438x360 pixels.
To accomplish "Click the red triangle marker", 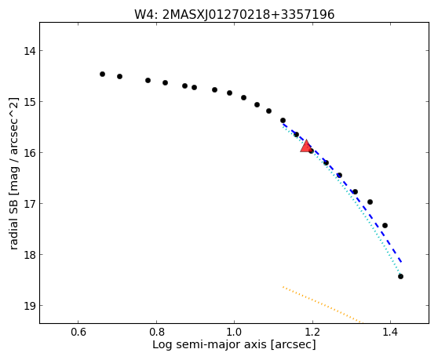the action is (306, 147).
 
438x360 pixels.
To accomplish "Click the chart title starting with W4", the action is (234, 15).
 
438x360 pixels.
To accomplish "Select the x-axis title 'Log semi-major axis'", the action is (234, 344).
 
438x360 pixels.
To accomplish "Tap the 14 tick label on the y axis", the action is (29, 51).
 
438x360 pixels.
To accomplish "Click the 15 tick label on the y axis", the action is (29, 102).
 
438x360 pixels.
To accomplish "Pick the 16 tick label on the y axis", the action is (29, 153).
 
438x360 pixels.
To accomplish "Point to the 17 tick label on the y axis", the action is (29, 204).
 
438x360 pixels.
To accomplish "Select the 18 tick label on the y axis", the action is (29, 255).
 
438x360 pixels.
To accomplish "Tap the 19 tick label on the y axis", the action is (29, 306).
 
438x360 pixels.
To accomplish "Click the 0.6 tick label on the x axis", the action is (78, 332).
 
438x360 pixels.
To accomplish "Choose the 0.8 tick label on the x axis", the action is (156, 332).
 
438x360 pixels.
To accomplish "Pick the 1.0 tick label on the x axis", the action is (235, 332).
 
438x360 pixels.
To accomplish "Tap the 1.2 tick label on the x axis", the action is (312, 332).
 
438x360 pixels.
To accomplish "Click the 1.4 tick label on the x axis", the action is (391, 332).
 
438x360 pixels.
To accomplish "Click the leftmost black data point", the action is (102, 74).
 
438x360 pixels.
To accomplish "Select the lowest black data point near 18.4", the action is (400, 277).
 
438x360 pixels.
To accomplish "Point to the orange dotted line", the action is (322, 304).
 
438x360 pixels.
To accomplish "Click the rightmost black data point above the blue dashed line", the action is (385, 225).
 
